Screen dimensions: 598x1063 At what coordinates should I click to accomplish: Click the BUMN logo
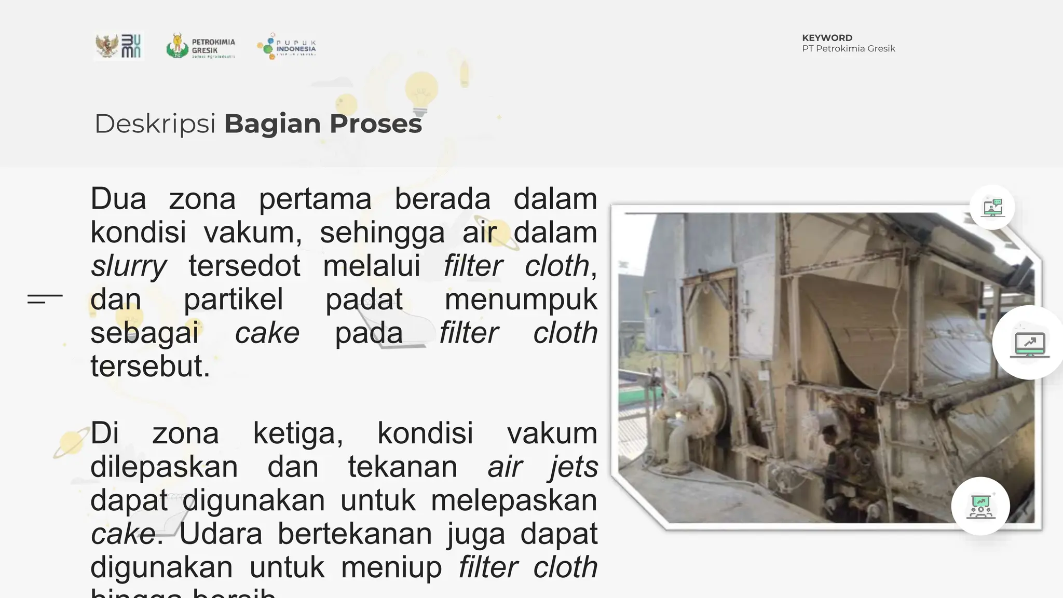[x=119, y=46]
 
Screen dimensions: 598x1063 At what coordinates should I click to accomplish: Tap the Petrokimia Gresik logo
[x=201, y=46]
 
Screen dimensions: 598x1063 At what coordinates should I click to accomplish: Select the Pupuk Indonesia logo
[x=287, y=46]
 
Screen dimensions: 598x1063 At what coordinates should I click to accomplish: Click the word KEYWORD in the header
[x=827, y=38]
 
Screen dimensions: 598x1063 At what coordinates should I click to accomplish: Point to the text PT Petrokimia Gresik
[x=848, y=49]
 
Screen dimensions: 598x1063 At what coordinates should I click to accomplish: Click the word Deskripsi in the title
[x=155, y=124]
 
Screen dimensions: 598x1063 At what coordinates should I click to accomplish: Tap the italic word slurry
[x=128, y=266]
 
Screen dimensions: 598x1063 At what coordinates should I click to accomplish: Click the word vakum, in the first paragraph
[x=253, y=233]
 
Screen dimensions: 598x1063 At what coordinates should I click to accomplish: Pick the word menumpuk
[x=521, y=300]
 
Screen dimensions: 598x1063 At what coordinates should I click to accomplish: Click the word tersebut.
[x=150, y=366]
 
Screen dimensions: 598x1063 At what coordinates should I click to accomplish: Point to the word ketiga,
[x=298, y=433]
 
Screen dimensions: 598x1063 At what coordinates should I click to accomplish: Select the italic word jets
[x=573, y=467]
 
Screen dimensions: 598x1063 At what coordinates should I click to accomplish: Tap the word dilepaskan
[x=164, y=467]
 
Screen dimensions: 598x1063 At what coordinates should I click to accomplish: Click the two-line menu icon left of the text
[x=45, y=298]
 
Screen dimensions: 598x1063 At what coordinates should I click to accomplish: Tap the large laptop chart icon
[x=1029, y=343]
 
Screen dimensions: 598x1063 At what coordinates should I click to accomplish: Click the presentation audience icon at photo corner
[x=980, y=506]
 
